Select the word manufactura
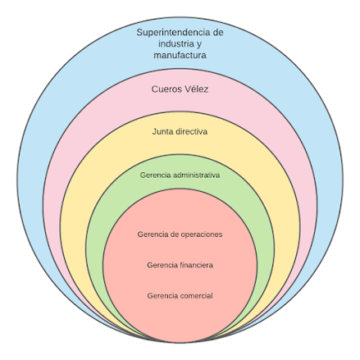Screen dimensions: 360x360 click(x=180, y=55)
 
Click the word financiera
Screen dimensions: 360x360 click(x=197, y=265)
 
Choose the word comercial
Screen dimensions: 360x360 click(x=197, y=296)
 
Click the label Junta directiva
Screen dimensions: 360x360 click(x=180, y=131)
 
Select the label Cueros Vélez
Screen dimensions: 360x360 click(x=180, y=89)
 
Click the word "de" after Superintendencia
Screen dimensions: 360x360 click(x=218, y=33)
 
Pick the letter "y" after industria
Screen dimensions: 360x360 click(x=198, y=45)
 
